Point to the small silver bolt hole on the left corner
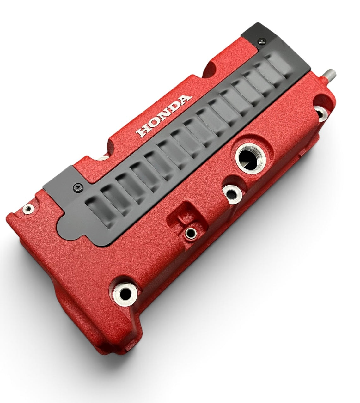click(x=28, y=209)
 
